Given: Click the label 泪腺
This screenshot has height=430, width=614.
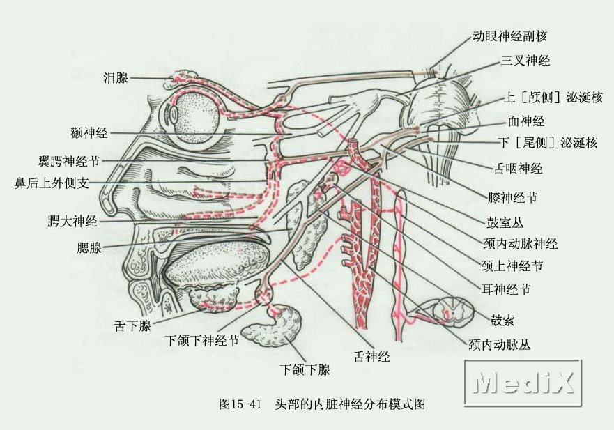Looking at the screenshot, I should coord(115,78).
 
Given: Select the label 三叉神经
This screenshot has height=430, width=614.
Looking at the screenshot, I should coord(525,61).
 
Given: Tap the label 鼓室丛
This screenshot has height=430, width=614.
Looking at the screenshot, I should coord(504,223).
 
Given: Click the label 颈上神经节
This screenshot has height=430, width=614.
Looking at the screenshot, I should coord(513,266).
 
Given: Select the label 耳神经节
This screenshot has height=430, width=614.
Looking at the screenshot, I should coord(505,289).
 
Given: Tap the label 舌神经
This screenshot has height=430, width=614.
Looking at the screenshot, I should coord(371,356).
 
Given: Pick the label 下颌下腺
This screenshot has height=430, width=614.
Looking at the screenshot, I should coord(305,370).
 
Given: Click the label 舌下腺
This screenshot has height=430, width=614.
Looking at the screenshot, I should coord(132,325).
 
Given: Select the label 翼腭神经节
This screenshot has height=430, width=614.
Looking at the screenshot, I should coord(69,161).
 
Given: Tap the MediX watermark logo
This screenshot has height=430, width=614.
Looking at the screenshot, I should coord(522,383).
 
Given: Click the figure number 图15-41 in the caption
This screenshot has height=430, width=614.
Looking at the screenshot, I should coord(240,404).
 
